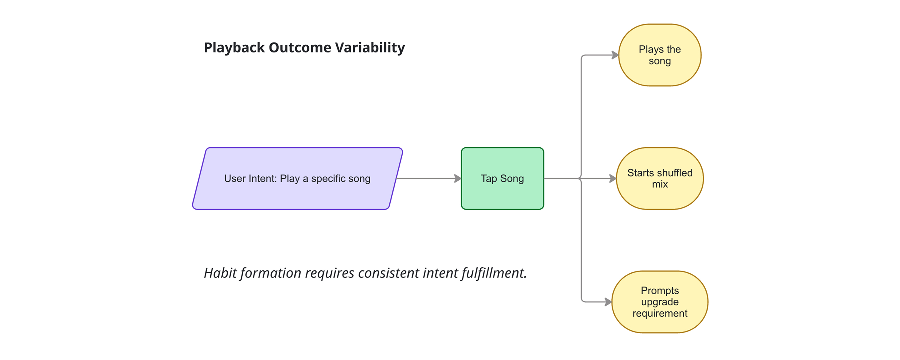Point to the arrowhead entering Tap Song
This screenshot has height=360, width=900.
458,178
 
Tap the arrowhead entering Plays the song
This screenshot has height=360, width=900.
615,55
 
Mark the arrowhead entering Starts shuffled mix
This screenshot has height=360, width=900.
613,178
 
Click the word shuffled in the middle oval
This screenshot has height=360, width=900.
675,173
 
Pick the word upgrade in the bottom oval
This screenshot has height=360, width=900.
660,302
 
